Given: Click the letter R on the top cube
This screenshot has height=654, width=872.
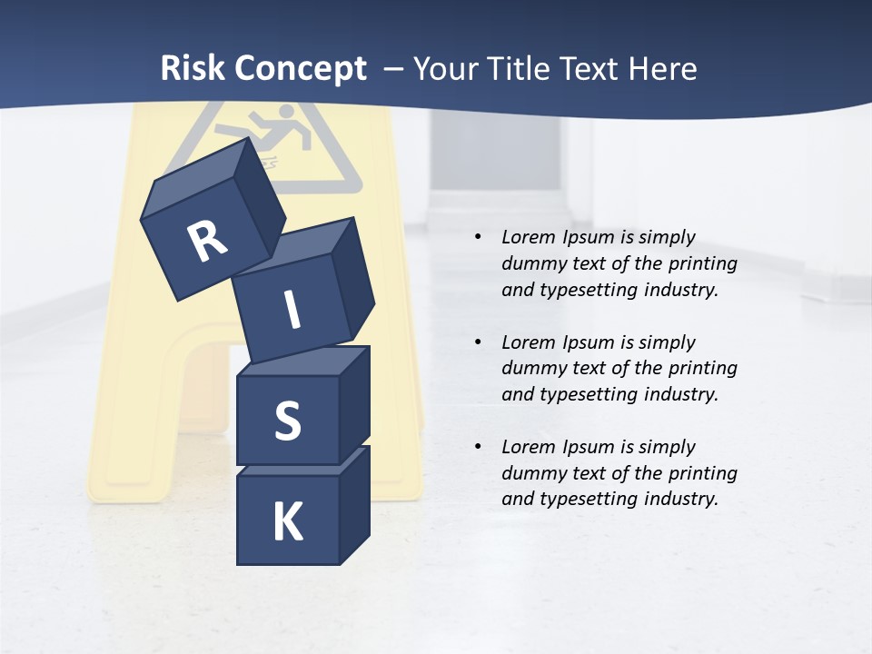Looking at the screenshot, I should click(207, 241).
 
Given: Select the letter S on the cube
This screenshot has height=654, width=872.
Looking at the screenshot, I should click(287, 421).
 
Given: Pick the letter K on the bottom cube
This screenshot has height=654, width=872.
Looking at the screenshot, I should click(287, 522).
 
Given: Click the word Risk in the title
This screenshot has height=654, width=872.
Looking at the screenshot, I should click(193, 69).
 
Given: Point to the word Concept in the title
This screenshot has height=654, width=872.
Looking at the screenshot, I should click(301, 69).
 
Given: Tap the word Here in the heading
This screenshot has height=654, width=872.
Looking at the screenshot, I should click(661, 69).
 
